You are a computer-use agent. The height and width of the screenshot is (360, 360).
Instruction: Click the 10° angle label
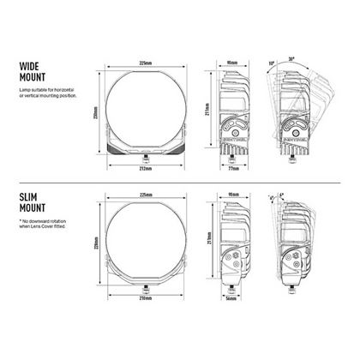click(x=272, y=63)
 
